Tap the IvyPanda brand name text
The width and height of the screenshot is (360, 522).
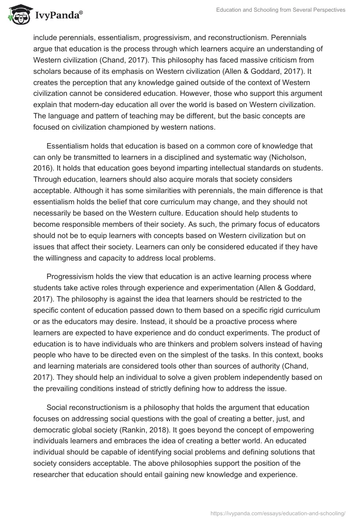tap(57, 16)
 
